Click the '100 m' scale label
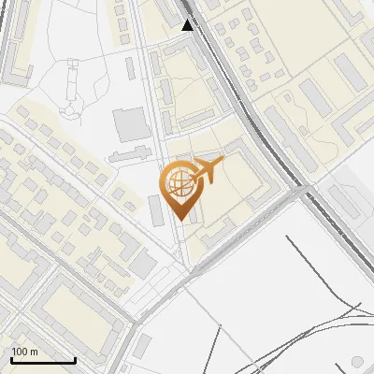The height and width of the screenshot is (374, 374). click(x=24, y=352)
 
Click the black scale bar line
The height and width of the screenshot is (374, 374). click(x=43, y=360)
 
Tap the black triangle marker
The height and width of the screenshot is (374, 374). click(x=188, y=25)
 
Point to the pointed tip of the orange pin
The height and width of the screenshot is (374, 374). click(x=180, y=220)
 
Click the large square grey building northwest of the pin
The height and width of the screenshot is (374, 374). click(x=130, y=124)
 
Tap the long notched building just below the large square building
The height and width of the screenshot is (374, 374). click(x=130, y=152)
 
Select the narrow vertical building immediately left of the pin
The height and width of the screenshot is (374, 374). click(x=155, y=210)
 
